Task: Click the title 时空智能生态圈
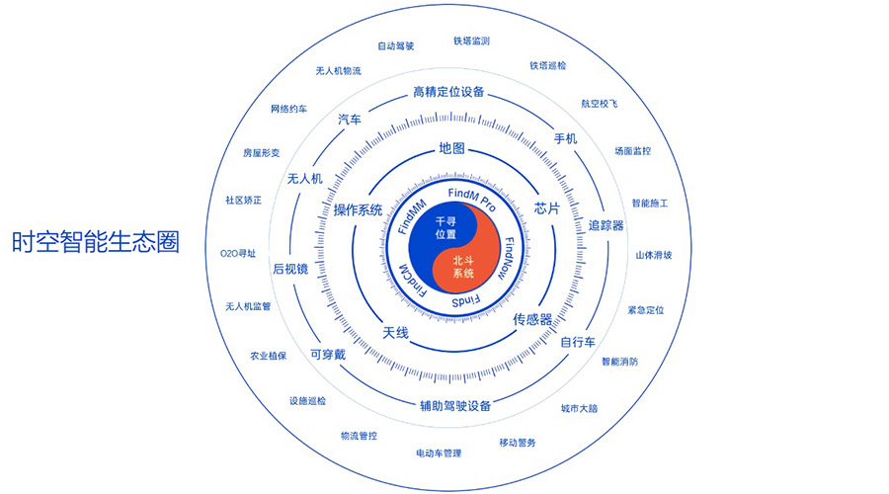coord(96,243)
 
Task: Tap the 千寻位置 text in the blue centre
coord(445,229)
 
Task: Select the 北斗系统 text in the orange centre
coord(463,266)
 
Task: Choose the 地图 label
coord(451,149)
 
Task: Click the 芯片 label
coord(547,208)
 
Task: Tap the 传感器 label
coord(531,319)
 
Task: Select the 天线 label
coord(395,332)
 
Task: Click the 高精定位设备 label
coord(449,93)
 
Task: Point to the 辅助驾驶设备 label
coord(455,405)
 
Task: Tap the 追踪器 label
coord(606,225)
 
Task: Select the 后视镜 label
coord(290,270)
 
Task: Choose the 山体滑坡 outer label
coord(653,255)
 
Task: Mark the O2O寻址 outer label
coord(238,254)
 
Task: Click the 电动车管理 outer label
coord(439,453)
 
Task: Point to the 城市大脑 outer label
coord(579,408)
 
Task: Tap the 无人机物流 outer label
coord(339,71)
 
